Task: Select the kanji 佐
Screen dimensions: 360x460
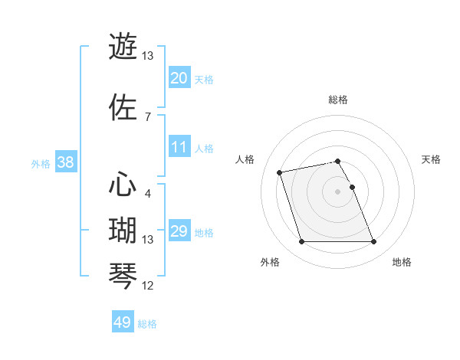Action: coord(123,106)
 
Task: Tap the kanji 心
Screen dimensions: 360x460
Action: coord(123,184)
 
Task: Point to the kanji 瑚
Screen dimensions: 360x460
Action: coord(123,230)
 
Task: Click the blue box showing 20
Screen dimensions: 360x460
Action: coord(179,78)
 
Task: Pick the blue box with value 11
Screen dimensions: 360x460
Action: coord(179,147)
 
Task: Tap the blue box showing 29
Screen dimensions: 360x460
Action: coord(179,231)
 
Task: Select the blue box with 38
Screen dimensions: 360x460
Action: coord(65,163)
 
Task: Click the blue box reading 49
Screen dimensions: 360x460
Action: coord(123,322)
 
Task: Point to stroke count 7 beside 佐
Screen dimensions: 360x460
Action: coord(147,116)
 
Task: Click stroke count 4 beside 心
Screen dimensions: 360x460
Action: coord(147,193)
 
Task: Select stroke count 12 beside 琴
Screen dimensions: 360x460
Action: coord(148,286)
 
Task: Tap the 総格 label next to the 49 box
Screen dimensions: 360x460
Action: coord(147,324)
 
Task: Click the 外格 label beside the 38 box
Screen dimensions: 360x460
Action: coord(41,164)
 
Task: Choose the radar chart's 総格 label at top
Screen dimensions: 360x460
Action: coord(338,100)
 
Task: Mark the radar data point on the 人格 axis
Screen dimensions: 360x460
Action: coord(280,172)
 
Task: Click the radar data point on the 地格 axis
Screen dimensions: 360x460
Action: coord(374,242)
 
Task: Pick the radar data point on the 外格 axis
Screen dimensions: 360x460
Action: coord(301,242)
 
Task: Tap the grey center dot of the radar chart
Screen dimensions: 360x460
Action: coord(338,191)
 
